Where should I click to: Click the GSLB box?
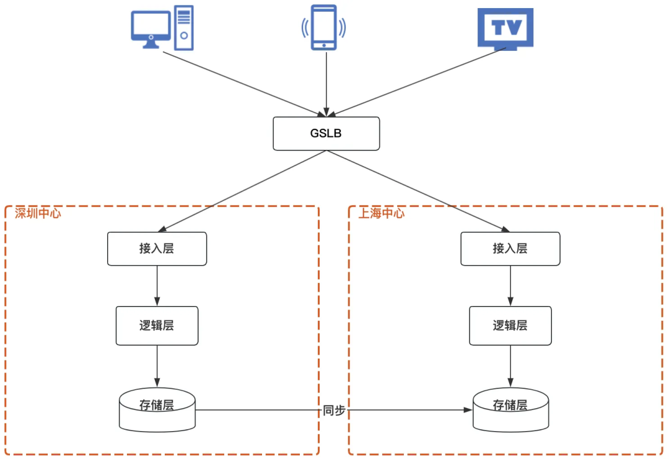[x=326, y=133]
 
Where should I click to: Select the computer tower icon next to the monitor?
[x=183, y=27]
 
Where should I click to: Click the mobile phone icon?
[x=324, y=27]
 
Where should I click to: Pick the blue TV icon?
[x=505, y=28]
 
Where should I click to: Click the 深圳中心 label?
[x=38, y=213]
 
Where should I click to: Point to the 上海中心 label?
[x=382, y=213]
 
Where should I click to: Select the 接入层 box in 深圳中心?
[x=157, y=248]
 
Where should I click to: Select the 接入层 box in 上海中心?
[x=510, y=248]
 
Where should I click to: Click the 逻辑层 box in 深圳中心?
[x=157, y=325]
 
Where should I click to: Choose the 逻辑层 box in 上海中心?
[x=510, y=325]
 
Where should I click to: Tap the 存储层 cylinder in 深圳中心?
[x=157, y=410]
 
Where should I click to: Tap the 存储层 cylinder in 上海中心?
[x=510, y=410]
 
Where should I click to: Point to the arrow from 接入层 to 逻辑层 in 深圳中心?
[x=157, y=286]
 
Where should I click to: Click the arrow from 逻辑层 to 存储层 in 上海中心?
[x=510, y=365]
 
